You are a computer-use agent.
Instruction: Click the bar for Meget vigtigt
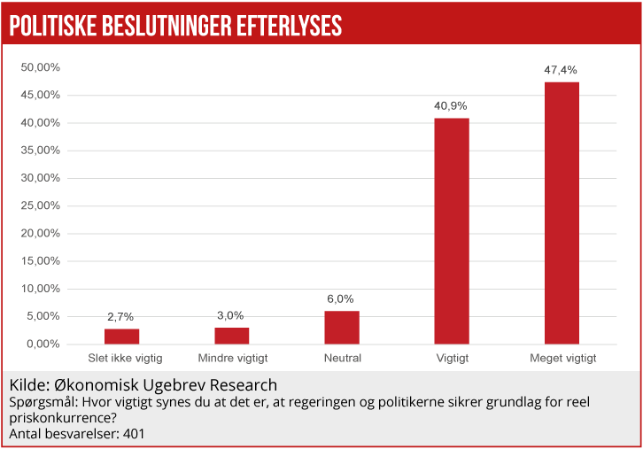click(x=562, y=213)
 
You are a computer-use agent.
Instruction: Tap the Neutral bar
click(x=342, y=327)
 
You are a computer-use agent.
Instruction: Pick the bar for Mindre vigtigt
click(x=232, y=335)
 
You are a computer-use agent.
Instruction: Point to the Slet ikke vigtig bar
click(x=121, y=336)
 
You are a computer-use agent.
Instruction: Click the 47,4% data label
click(x=562, y=69)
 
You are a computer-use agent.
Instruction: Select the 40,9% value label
click(x=451, y=105)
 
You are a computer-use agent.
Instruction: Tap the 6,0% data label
click(x=341, y=298)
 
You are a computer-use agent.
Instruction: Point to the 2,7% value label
click(x=121, y=316)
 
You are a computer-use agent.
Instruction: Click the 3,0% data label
click(x=231, y=315)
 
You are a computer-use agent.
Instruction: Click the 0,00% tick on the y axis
click(x=42, y=344)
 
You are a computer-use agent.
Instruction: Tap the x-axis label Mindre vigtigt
click(x=232, y=359)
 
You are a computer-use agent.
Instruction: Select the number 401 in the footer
click(x=132, y=434)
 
